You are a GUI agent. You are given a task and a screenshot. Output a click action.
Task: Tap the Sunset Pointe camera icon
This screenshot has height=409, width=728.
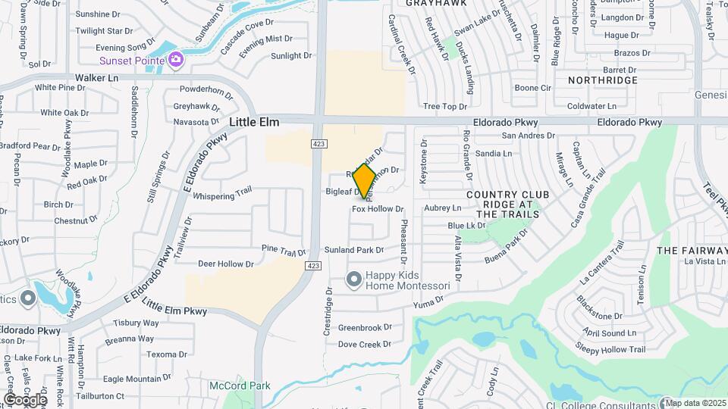176,59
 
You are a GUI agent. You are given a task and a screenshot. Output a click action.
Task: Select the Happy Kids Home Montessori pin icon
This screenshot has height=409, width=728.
353,280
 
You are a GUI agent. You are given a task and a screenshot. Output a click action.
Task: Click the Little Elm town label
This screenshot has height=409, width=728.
254,122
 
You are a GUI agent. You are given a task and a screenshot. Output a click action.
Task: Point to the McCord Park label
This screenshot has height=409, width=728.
240,386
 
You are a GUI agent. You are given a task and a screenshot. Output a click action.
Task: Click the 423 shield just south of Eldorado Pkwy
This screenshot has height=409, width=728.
318,143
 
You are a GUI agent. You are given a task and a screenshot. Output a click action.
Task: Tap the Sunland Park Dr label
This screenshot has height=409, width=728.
354,249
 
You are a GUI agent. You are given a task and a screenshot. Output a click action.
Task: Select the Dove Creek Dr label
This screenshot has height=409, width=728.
365,344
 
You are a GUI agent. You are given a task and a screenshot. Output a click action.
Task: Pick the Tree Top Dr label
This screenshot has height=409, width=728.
445,107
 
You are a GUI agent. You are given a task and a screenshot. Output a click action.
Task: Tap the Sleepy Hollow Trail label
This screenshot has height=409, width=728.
610,349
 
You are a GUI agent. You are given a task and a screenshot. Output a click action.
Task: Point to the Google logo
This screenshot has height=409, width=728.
24,399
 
